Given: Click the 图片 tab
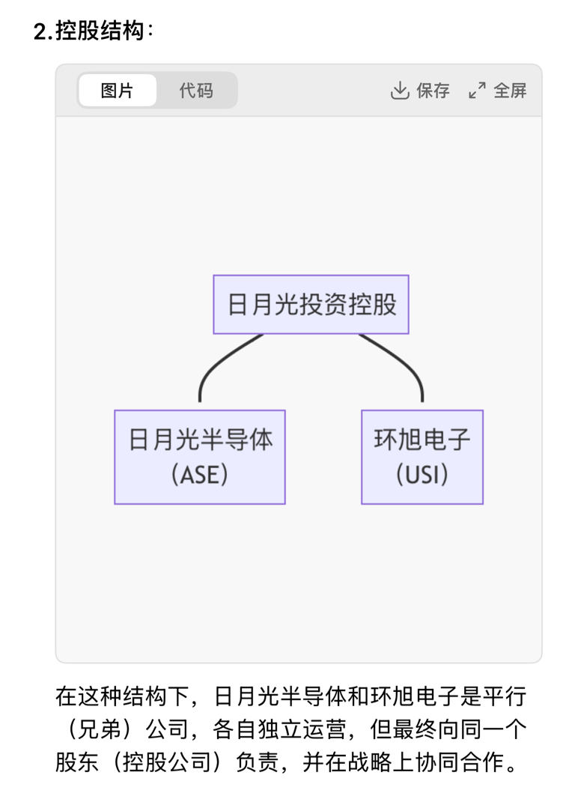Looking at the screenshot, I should (x=117, y=91).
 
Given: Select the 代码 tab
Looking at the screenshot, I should (x=196, y=91).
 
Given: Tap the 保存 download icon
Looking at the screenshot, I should (x=400, y=91).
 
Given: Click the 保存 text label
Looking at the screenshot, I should (x=433, y=91).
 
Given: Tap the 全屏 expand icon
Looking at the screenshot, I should (x=477, y=91).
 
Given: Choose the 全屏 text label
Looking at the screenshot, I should (x=511, y=91).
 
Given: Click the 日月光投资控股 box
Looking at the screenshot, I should (x=311, y=304).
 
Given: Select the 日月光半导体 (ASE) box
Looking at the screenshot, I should (x=200, y=457).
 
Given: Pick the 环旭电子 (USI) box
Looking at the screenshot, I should (x=422, y=457).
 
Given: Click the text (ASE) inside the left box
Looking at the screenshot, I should (x=200, y=475).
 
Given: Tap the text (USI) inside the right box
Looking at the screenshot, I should (x=422, y=475).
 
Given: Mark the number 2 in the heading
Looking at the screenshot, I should (x=40, y=31).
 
